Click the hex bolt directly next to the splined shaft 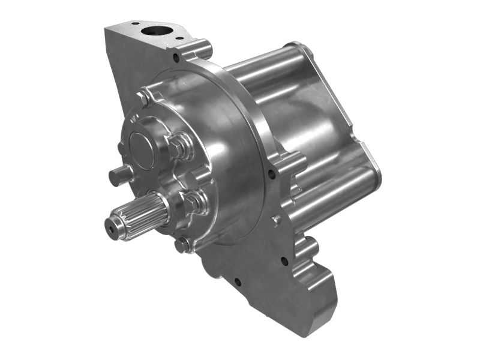(x=193, y=203)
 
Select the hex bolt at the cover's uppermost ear (x=144, y=98)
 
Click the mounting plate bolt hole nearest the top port (x=176, y=58)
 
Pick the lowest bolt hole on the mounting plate (x=238, y=281)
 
